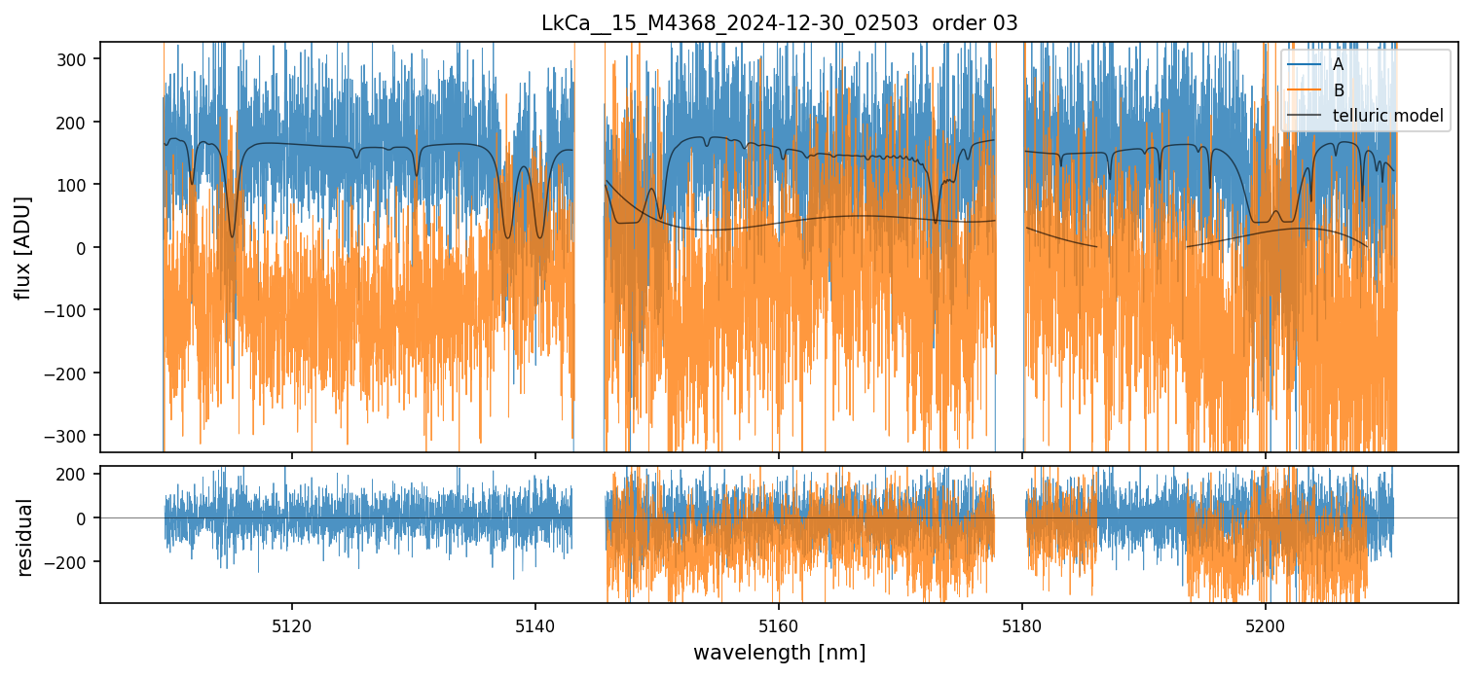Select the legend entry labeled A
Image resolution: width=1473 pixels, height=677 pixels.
point(1338,64)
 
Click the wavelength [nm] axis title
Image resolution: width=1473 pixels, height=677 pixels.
point(779,652)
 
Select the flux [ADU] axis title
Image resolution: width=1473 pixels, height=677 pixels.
point(22,247)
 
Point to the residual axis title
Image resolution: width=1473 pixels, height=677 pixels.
point(22,536)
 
